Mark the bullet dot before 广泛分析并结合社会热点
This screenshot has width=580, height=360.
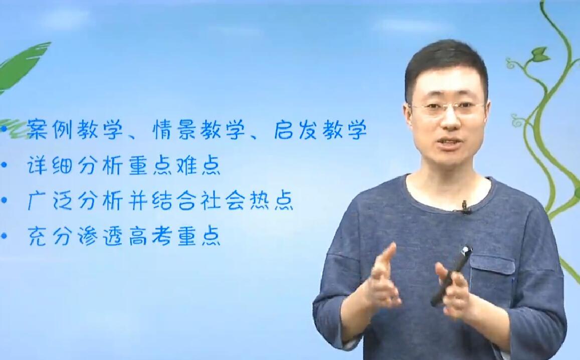4,201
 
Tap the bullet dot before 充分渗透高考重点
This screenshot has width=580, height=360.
4,236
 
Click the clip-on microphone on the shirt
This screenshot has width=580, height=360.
465,207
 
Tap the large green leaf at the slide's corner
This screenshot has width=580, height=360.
22,67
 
